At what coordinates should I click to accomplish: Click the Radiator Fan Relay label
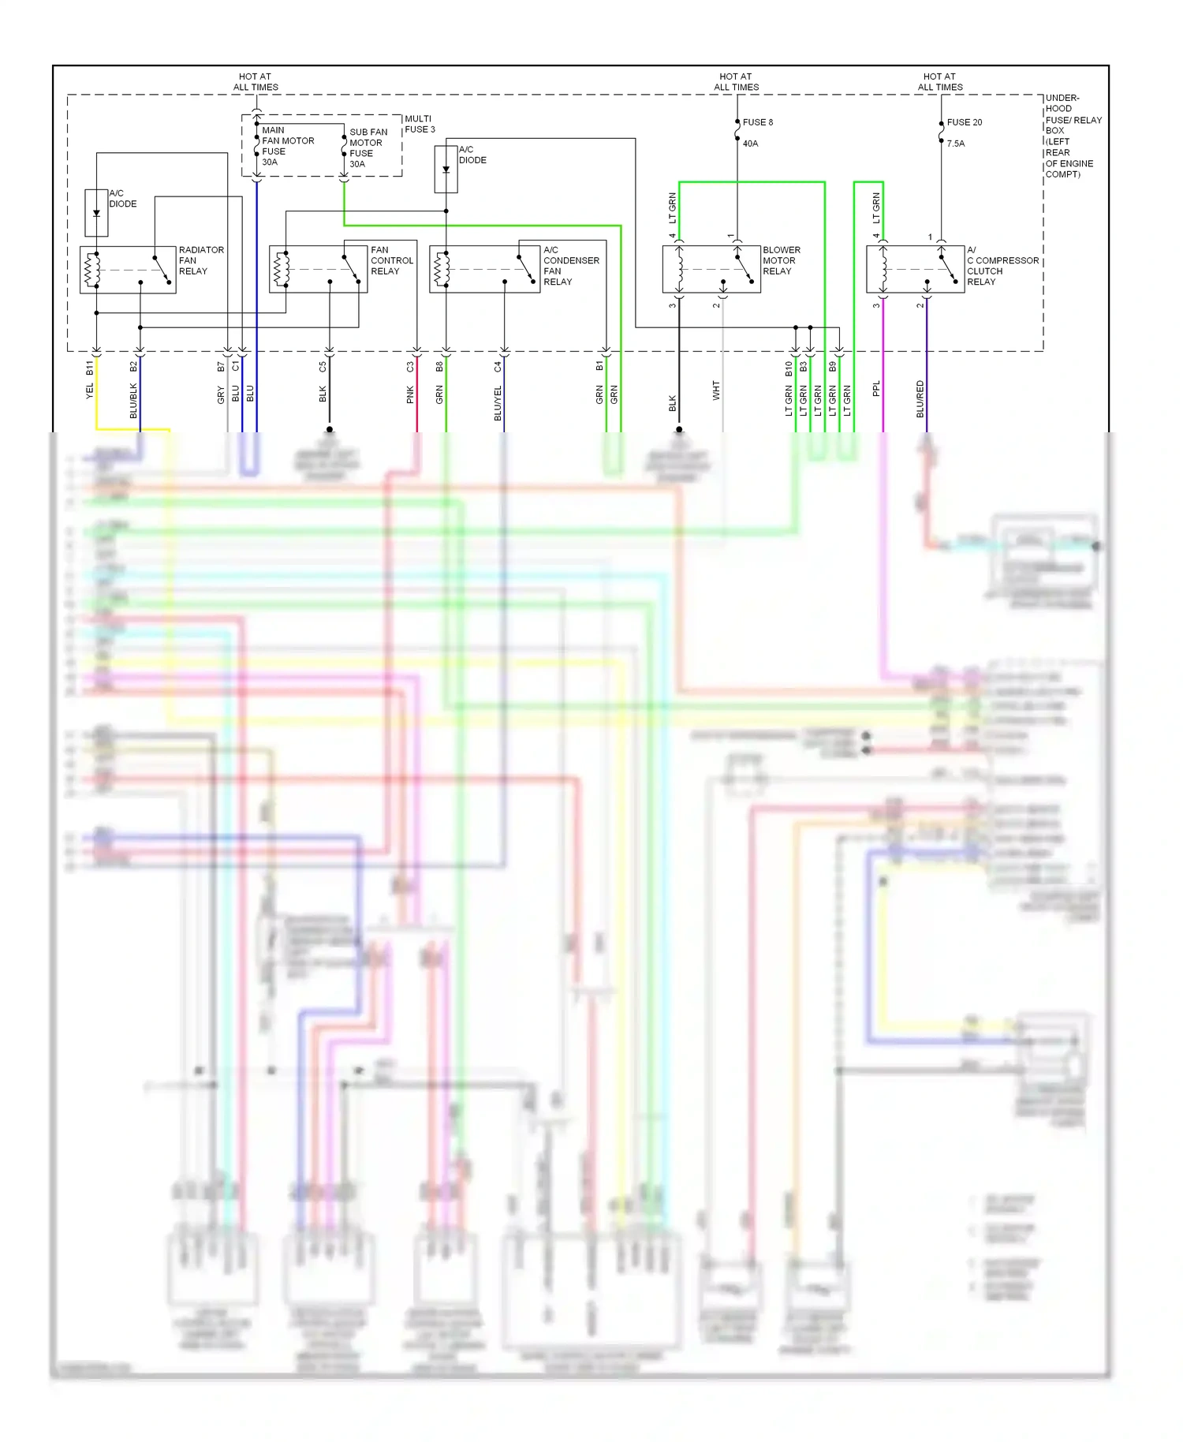coord(200,260)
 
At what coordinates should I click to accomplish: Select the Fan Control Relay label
coord(391,260)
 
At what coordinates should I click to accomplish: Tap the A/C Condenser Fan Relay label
coord(570,266)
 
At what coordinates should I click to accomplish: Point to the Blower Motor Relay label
coord(781,260)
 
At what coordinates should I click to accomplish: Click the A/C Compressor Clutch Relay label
coord(1002,266)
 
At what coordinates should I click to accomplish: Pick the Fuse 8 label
coord(757,122)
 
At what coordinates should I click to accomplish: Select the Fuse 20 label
coord(964,122)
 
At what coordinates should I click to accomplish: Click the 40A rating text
coord(750,144)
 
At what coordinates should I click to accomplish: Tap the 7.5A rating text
coord(955,144)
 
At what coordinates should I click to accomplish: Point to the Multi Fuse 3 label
coord(419,124)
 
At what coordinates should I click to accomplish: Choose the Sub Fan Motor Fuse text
coord(368,148)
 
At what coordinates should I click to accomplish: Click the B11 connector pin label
coord(90,368)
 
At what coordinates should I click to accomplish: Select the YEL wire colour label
coord(90,390)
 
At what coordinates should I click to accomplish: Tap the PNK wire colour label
coord(410,394)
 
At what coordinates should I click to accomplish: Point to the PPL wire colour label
coord(876,389)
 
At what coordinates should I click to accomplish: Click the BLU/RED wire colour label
coord(920,398)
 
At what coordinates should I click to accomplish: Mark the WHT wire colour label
coord(716,390)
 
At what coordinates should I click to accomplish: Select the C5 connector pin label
coord(323,367)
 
